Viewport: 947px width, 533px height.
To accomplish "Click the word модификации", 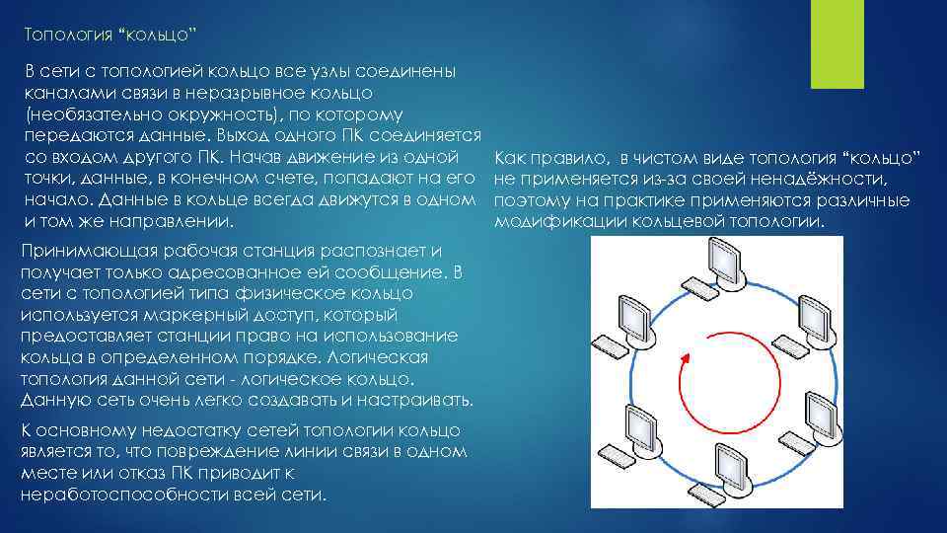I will pyautogui.click(x=543, y=222).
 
